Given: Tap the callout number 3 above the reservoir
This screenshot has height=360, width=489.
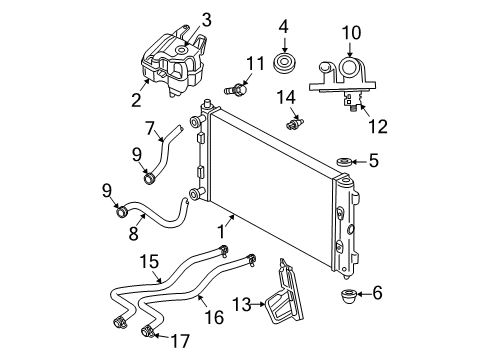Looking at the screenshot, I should click(x=207, y=18).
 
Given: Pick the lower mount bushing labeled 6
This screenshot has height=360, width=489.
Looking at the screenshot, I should click(x=351, y=295).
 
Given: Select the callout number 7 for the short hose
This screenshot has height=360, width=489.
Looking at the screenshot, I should click(x=151, y=128).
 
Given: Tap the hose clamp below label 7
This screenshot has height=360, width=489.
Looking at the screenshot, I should click(x=150, y=179).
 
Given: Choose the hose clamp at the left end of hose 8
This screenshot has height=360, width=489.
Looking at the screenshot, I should click(x=123, y=211).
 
